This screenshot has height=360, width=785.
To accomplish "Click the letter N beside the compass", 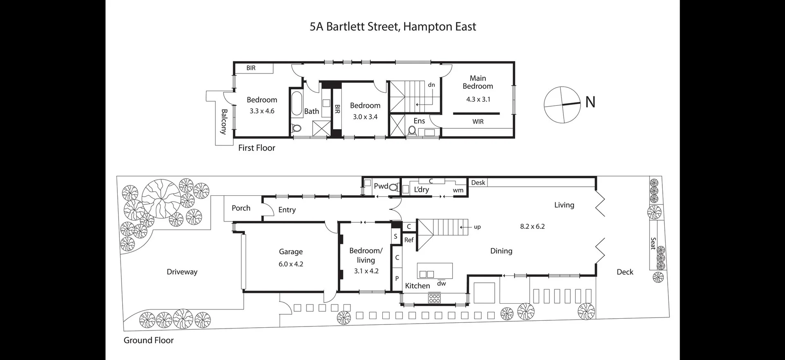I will pos(590,102).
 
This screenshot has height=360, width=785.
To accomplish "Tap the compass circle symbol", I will pos(562,105).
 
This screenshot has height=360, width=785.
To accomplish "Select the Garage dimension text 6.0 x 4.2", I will pos(291,264).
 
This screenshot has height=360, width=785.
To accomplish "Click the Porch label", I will pos(241,208).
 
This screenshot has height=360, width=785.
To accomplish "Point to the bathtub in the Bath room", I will pos(296,104).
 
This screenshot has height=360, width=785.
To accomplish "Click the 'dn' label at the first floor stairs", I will pos(431,85).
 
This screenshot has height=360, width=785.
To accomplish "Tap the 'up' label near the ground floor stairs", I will pos(477,227).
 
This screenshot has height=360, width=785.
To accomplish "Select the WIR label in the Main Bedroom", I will pos(478,121).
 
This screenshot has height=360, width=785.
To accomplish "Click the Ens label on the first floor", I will pos(419,121).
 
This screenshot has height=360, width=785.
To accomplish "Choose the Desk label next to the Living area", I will pos(478,183).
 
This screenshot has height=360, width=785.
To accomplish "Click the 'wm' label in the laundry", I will pos(458,190).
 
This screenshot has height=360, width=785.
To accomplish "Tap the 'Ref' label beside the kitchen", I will pos(409,240).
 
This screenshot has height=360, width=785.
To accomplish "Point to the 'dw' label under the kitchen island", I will pos(441,283).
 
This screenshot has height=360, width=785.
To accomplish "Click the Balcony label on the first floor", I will pos(224,121).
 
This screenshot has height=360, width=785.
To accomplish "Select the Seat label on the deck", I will pos(653,244).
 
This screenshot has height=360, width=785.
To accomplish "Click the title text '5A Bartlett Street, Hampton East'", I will pos(392,27).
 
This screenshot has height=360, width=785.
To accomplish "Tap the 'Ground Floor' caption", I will pos(148,340).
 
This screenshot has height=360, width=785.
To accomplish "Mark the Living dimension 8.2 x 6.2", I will pos(532,226).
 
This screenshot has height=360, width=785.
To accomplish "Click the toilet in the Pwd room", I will pos(393,187).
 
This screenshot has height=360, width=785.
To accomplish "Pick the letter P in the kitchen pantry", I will pos(397,278).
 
